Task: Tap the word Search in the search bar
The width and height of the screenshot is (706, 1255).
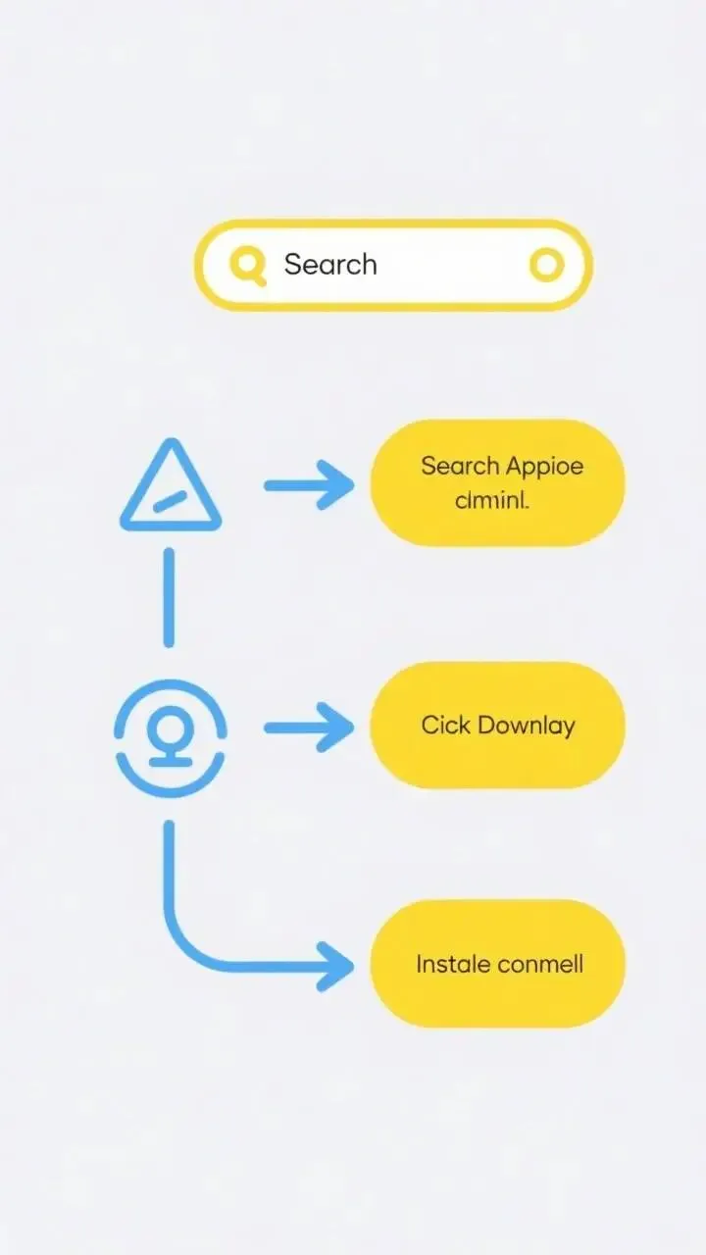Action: [330, 264]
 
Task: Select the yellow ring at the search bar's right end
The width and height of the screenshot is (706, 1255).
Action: [547, 264]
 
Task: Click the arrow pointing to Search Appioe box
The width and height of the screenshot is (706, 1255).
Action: [309, 484]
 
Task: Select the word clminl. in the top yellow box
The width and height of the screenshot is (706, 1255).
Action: [492, 502]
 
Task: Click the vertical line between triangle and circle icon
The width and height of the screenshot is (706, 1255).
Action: [169, 597]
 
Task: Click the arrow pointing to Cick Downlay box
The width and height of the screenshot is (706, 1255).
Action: [309, 728]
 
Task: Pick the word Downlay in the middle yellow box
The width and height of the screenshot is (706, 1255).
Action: [527, 726]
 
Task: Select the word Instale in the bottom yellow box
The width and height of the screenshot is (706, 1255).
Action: [453, 964]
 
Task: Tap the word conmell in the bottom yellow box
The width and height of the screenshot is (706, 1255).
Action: [540, 964]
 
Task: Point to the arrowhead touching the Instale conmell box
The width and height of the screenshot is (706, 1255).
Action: [338, 966]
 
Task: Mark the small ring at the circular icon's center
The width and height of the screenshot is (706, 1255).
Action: [171, 728]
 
